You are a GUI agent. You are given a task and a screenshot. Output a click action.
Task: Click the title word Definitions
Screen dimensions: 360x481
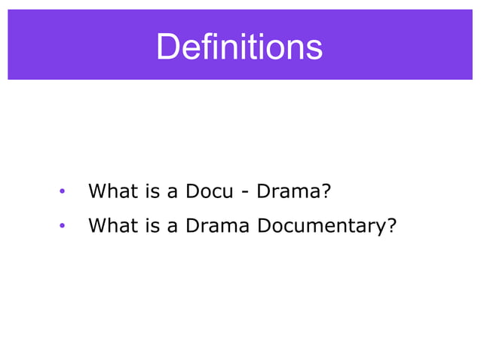(x=239, y=47)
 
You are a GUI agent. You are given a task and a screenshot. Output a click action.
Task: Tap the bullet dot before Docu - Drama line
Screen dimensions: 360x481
(x=63, y=191)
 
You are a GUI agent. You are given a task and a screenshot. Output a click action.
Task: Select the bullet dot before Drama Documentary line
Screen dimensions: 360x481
(x=63, y=225)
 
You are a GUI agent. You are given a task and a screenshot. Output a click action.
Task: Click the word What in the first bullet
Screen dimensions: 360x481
(x=113, y=191)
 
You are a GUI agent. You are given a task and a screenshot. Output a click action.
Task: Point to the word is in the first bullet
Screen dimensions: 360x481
(x=153, y=191)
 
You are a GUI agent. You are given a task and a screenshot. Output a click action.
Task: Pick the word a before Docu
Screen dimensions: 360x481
(x=173, y=192)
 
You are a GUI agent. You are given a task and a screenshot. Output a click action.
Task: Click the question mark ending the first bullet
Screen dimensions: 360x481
(x=326, y=191)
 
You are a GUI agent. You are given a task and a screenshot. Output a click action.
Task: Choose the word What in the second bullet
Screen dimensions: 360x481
(x=113, y=225)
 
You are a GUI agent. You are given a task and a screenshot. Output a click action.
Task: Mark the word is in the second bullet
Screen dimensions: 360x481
(x=153, y=225)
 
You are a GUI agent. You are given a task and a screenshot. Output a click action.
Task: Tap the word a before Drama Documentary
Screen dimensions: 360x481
(x=173, y=226)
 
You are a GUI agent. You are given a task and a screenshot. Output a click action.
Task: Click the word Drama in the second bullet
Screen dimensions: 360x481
(x=218, y=225)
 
